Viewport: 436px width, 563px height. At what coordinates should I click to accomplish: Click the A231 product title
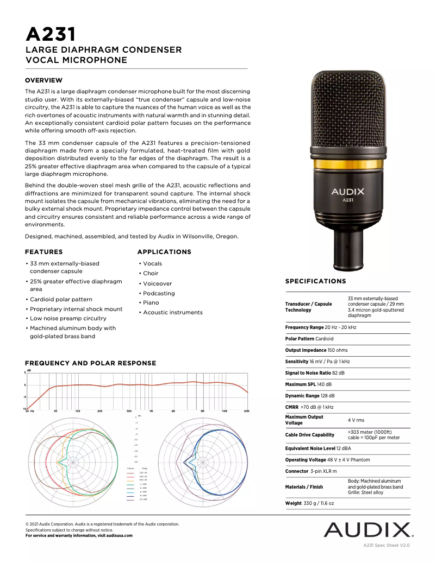(51, 34)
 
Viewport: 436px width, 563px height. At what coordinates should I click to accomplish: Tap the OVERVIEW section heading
(43, 80)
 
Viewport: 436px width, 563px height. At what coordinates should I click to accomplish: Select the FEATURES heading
(43, 252)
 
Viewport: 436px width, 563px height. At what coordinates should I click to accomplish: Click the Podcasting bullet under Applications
(159, 293)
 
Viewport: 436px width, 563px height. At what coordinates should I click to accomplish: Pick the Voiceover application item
(157, 283)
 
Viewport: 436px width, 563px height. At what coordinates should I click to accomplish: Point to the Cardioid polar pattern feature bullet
(61, 299)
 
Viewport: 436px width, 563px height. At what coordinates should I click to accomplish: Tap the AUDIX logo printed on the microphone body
(348, 191)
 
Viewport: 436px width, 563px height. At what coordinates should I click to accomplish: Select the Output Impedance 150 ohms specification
(316, 350)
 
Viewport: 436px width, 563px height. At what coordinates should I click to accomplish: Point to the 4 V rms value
(357, 420)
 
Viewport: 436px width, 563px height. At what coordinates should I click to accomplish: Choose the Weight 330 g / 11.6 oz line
(310, 503)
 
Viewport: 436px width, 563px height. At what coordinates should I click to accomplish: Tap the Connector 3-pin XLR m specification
(311, 471)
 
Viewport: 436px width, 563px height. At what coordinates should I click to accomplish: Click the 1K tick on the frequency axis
(151, 412)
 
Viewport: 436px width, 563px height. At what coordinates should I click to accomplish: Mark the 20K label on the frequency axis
(246, 412)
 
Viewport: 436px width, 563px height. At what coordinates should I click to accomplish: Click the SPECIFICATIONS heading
(315, 281)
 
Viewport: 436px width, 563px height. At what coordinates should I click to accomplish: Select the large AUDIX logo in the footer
(369, 529)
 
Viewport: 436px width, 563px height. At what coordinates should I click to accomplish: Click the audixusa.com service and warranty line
(79, 536)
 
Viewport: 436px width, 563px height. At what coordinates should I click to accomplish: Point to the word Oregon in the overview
(227, 237)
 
